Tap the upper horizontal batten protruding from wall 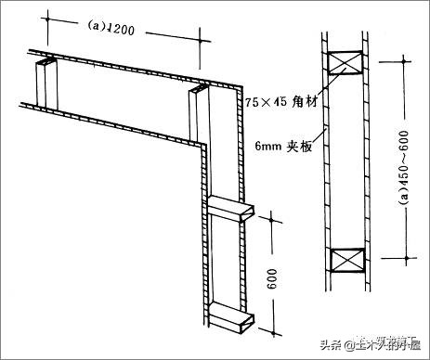coord(229,211)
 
